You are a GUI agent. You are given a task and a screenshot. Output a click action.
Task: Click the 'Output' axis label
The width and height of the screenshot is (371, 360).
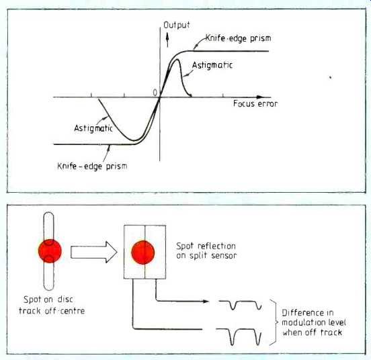[177, 25]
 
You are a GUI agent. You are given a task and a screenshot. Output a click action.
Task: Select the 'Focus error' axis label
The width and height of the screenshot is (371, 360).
[255, 103]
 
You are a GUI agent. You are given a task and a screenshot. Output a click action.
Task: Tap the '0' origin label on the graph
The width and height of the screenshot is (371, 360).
[155, 93]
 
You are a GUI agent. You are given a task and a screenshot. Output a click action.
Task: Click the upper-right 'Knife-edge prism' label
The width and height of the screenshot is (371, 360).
[238, 38]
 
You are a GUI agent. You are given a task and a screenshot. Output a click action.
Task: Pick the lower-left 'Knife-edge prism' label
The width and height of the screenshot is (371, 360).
[92, 166]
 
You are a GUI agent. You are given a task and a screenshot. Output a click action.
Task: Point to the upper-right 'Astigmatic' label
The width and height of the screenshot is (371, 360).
[212, 65]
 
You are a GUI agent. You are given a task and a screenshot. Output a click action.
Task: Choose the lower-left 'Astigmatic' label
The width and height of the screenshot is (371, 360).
[93, 128]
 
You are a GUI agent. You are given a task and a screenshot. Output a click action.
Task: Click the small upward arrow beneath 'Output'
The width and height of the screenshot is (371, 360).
[167, 39]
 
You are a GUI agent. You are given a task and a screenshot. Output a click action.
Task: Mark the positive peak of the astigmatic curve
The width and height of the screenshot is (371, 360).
[177, 60]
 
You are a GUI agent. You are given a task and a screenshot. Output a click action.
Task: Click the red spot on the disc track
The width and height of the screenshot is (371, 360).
[50, 251]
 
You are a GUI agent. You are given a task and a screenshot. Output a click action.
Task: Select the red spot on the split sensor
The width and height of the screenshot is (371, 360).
[143, 253]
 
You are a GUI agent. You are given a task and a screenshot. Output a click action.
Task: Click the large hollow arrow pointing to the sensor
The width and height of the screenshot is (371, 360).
[94, 252]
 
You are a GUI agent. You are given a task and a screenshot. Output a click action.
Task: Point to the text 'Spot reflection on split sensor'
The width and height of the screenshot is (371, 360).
[206, 251]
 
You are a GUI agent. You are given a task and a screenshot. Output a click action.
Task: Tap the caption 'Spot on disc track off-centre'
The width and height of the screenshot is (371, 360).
[52, 305]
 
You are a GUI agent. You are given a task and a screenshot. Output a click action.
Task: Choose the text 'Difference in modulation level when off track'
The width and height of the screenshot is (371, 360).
[314, 322]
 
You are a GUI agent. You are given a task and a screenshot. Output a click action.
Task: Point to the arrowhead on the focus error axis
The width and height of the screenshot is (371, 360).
[260, 97]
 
